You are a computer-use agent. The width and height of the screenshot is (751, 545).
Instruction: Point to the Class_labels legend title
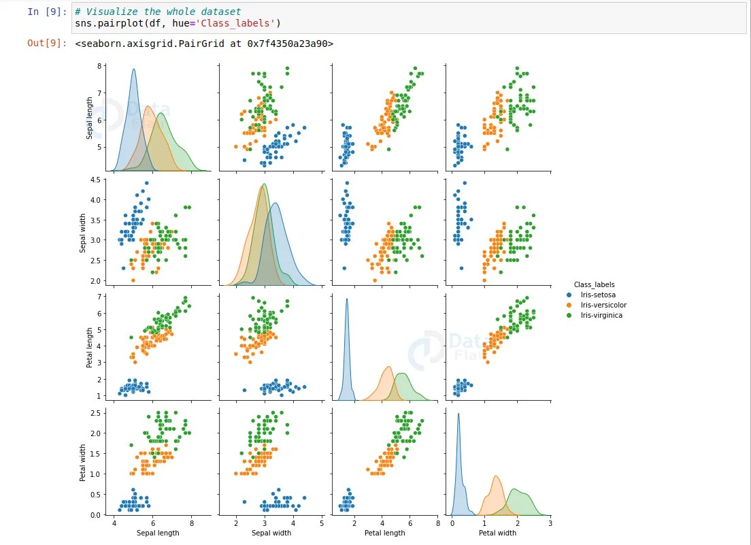pos(594,284)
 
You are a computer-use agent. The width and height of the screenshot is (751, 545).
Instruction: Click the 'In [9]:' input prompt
pos(47,12)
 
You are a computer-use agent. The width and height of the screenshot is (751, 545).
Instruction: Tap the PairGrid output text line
pos(204,43)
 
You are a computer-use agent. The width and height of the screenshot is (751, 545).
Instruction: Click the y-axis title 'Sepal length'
pos(90,119)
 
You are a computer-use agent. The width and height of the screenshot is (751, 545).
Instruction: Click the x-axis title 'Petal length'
pos(384,533)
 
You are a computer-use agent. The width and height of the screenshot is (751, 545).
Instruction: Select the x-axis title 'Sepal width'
pos(271,533)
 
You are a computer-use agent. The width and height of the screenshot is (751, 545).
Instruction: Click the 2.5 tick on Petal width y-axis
pos(95,413)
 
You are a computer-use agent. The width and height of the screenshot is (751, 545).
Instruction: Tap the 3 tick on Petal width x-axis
pos(550,524)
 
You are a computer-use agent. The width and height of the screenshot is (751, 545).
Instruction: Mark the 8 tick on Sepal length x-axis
pos(191,524)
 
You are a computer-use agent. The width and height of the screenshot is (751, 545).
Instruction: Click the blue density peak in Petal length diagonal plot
pos(347,299)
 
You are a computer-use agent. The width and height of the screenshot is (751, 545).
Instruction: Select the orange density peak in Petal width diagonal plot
pos(496,477)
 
